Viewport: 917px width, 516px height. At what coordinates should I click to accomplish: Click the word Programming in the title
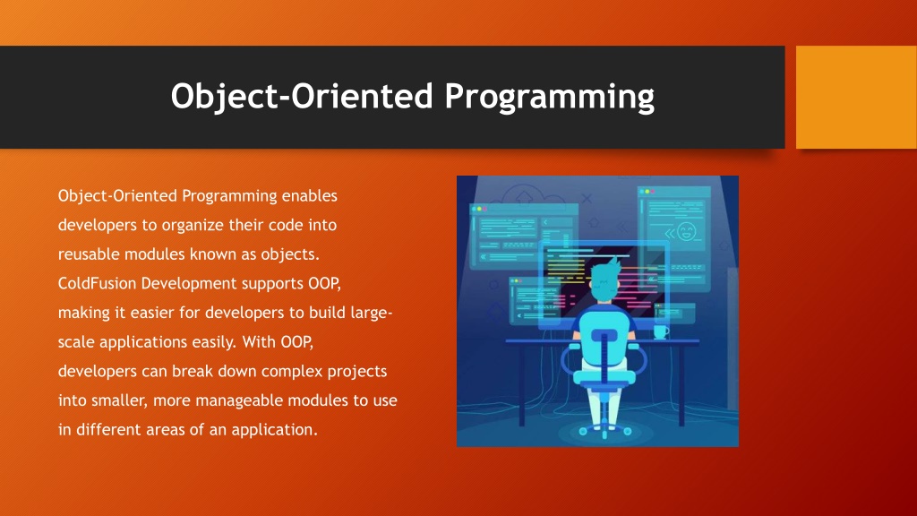point(549,97)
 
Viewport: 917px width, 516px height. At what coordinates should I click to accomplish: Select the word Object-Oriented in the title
point(302,96)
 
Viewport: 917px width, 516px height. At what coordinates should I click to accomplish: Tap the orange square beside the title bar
point(856,97)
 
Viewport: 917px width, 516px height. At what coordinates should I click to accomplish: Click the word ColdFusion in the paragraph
point(97,284)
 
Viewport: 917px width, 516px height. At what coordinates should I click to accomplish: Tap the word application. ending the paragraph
point(274,431)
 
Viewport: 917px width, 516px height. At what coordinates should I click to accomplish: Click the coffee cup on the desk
point(661,331)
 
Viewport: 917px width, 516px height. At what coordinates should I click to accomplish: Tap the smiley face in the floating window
point(686,232)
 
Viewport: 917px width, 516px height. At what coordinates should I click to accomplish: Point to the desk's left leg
point(522,383)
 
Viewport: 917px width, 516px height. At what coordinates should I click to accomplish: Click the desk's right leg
point(681,383)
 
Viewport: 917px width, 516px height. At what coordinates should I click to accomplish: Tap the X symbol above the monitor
point(587,199)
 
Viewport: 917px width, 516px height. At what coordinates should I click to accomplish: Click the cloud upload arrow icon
point(523,196)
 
